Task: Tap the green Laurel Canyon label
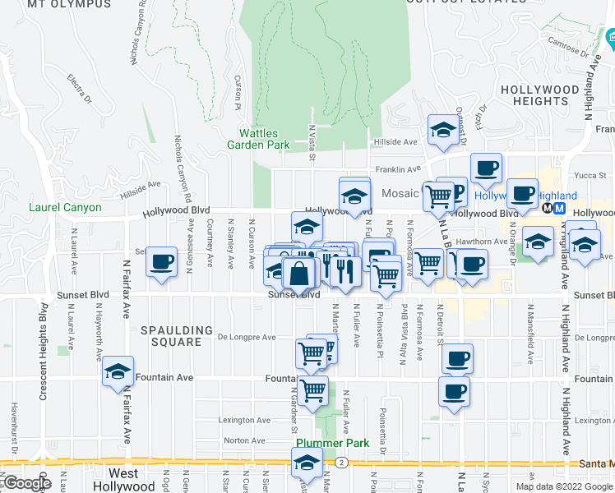pos(65,208)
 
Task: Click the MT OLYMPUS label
pos(69,4)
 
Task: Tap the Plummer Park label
pos(331,443)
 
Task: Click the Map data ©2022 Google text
pos(565,486)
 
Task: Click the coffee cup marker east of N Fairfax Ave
pos(163,262)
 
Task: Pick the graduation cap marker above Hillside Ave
pos(443,130)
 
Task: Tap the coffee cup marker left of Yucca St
pos(486,168)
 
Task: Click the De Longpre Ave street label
pos(247,337)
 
